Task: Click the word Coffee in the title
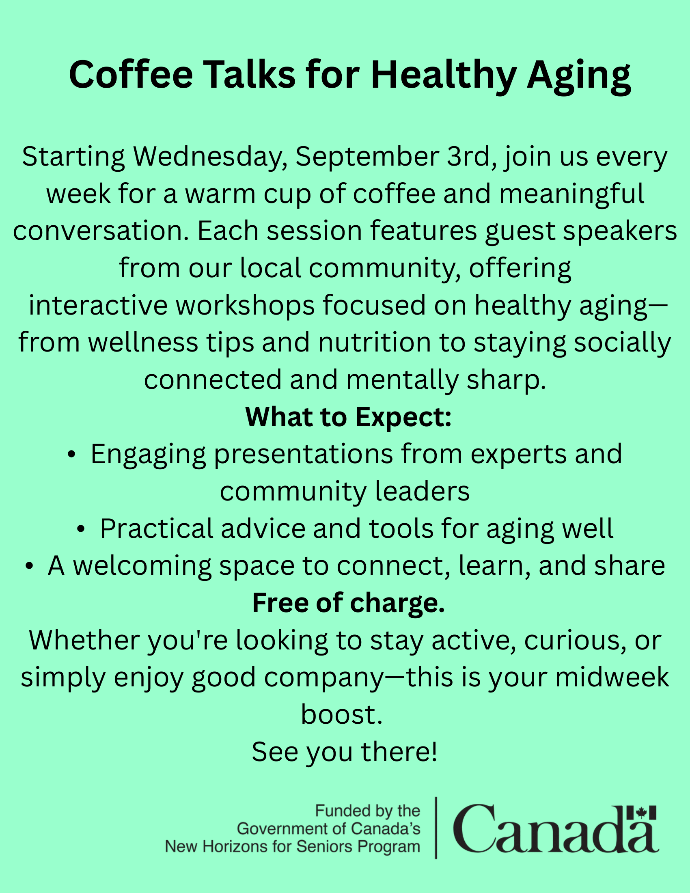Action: click(x=131, y=75)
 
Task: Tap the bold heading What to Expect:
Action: click(x=348, y=417)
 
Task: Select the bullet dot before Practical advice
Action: click(x=81, y=529)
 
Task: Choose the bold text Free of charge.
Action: click(x=348, y=604)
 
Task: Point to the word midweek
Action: click(x=612, y=677)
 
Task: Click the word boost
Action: click(x=342, y=715)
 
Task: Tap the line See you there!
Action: click(x=345, y=752)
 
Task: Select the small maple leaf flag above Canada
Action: click(x=641, y=813)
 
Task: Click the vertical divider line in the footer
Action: click(x=436, y=828)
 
